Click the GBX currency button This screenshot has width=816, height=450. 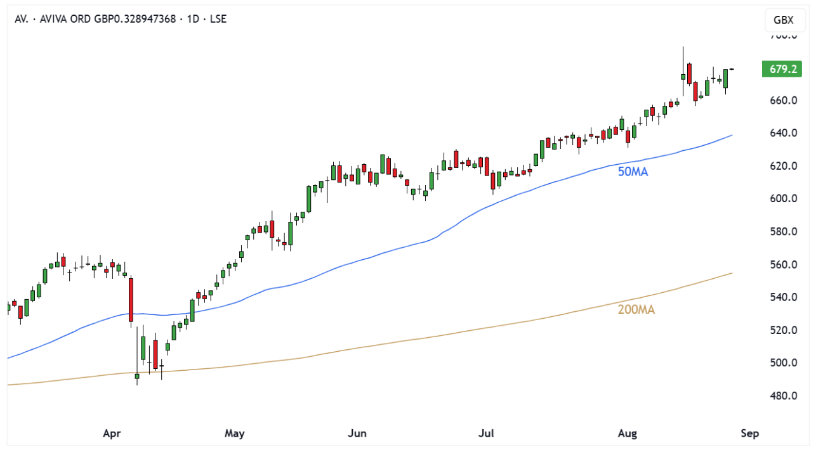784,20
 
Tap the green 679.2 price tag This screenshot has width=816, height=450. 781,69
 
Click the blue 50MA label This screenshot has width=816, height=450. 633,171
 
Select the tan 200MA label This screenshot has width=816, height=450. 636,310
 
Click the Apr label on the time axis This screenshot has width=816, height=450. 112,434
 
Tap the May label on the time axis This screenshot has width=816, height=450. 235,434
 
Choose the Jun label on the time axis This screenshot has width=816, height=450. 358,434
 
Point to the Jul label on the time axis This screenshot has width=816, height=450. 486,434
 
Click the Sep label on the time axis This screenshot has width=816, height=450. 749,434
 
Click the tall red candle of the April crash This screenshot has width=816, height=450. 131,299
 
